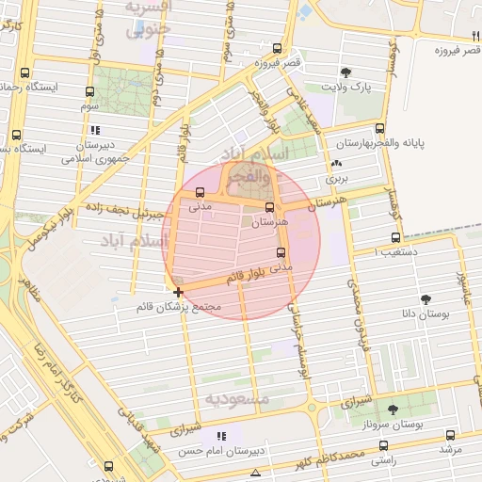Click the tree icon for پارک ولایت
tap(346, 72)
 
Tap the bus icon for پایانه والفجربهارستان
tap(379, 129)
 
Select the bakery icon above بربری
tap(336, 164)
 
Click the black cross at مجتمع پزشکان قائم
tap(179, 293)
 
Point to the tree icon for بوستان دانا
tap(427, 298)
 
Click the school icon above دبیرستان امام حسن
tap(222, 436)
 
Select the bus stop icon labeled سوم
tap(89, 92)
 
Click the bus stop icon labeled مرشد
tap(450, 435)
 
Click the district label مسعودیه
tap(237, 399)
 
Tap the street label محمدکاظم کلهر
tap(320, 459)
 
